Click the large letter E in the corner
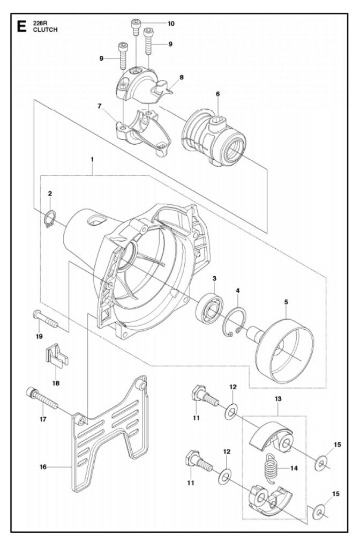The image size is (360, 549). [x=21, y=27]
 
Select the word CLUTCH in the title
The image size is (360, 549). [x=45, y=30]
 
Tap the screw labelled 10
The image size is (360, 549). [x=136, y=27]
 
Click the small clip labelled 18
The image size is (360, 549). [x=56, y=355]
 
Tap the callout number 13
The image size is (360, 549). [x=278, y=398]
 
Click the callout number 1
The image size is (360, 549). [x=92, y=159]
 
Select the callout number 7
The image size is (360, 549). [x=100, y=106]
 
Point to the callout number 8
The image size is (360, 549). [x=182, y=77]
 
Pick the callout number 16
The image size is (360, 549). [x=43, y=467]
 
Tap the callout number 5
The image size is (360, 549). [x=286, y=301]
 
